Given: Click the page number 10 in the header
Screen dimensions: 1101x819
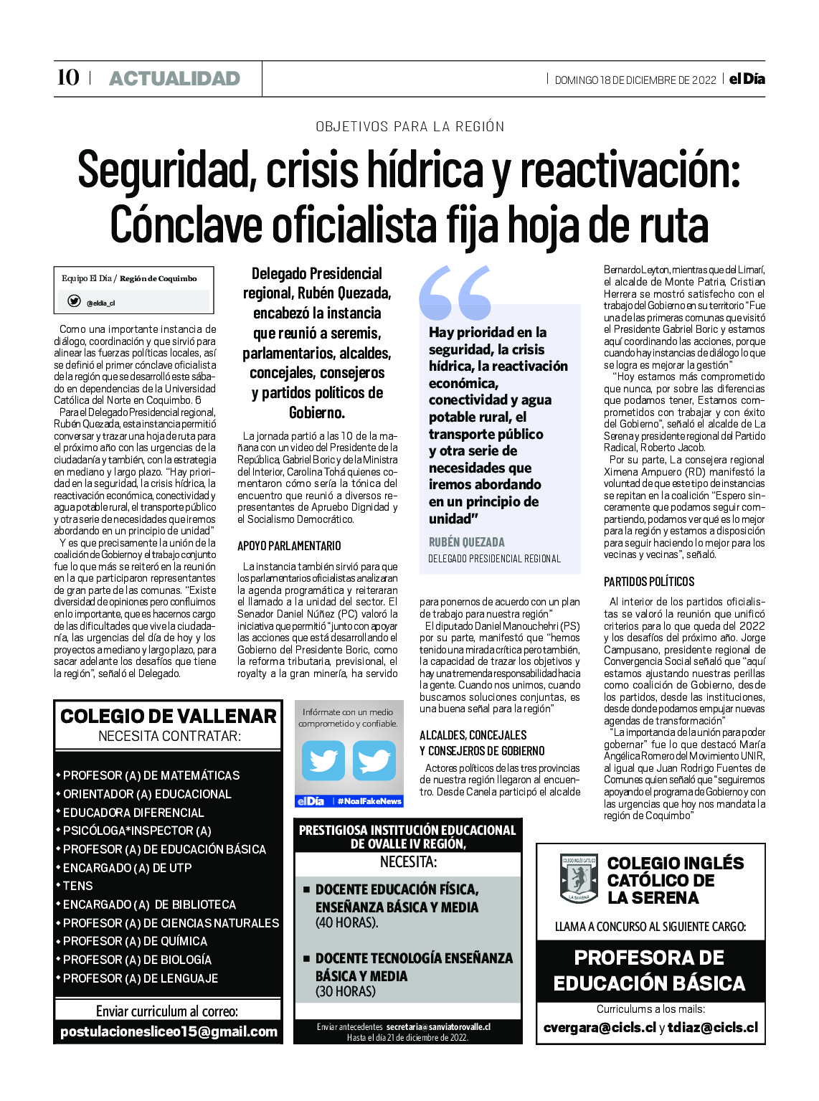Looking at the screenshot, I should pyautogui.click(x=68, y=77).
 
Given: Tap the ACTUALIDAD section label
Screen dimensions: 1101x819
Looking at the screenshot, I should pyautogui.click(x=174, y=79).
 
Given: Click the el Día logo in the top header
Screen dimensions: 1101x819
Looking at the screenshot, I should pyautogui.click(x=747, y=79).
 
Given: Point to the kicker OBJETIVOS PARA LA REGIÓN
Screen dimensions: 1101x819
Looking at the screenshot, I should pyautogui.click(x=409, y=127).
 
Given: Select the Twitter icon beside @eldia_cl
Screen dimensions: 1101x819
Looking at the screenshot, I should pyautogui.click(x=74, y=301).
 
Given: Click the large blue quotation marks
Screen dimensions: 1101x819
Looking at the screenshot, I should pyautogui.click(x=455, y=293).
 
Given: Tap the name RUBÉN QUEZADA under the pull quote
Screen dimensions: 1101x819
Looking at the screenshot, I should pyautogui.click(x=467, y=542).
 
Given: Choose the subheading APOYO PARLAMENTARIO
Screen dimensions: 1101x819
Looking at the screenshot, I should pyautogui.click(x=289, y=546).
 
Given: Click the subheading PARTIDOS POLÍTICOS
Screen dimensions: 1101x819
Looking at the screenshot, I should pyautogui.click(x=649, y=582).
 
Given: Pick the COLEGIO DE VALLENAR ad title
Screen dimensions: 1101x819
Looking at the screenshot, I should pyautogui.click(x=169, y=716).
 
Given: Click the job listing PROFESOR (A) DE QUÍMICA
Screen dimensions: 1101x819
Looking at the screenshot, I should pyautogui.click(x=135, y=941).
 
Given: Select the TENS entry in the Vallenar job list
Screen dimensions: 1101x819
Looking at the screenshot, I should pyautogui.click(x=78, y=886).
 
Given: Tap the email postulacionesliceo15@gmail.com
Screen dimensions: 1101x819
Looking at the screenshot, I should pyautogui.click(x=169, y=1031).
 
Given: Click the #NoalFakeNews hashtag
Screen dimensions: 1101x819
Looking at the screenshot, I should pyautogui.click(x=369, y=800).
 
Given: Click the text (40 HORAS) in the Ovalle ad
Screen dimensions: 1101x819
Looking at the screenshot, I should pyautogui.click(x=346, y=922).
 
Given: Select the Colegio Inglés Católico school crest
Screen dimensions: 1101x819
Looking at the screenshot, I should pyautogui.click(x=579, y=877).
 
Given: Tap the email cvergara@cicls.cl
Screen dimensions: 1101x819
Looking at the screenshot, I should pyautogui.click(x=600, y=1027).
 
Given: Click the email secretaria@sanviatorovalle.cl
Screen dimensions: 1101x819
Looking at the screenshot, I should pyautogui.click(x=437, y=1027).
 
